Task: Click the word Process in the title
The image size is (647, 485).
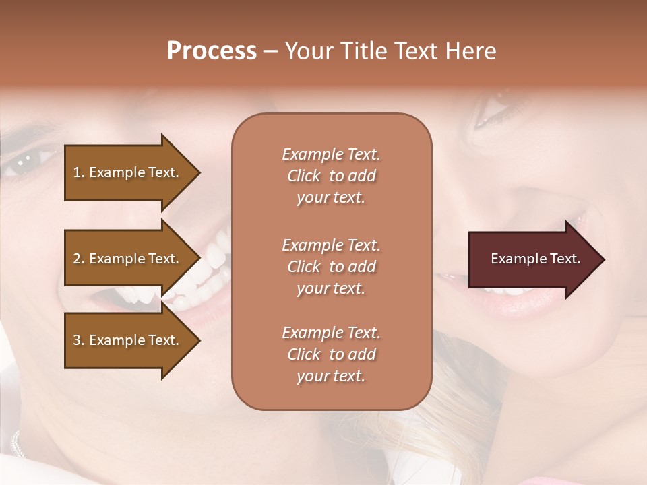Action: (212, 51)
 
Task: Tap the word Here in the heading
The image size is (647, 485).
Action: (470, 51)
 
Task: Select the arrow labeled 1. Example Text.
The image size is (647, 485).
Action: (128, 172)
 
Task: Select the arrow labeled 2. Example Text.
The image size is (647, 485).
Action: (128, 259)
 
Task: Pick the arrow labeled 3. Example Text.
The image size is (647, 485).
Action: (128, 340)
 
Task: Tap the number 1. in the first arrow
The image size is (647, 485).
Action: (78, 172)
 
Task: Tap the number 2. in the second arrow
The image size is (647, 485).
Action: (78, 259)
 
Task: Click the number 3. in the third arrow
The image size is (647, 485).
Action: (78, 340)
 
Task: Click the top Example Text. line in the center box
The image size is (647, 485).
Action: (331, 154)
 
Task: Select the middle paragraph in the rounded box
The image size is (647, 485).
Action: (331, 267)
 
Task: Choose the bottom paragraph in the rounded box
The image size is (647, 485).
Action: (331, 354)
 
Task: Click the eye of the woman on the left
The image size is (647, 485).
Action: (27, 160)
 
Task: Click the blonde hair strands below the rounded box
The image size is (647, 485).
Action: (458, 418)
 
